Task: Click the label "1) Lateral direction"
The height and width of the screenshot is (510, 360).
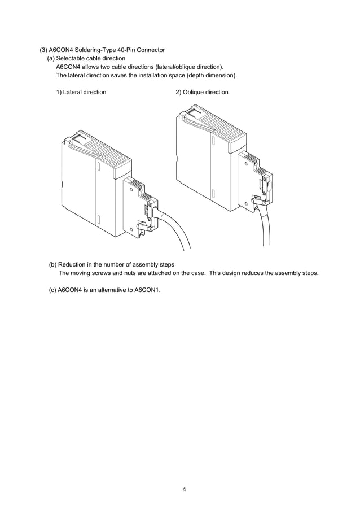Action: (81, 92)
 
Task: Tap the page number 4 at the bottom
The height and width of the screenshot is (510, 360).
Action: (184, 489)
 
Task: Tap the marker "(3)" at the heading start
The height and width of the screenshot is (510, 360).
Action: (43, 50)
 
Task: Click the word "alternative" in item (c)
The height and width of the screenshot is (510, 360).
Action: (112, 290)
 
